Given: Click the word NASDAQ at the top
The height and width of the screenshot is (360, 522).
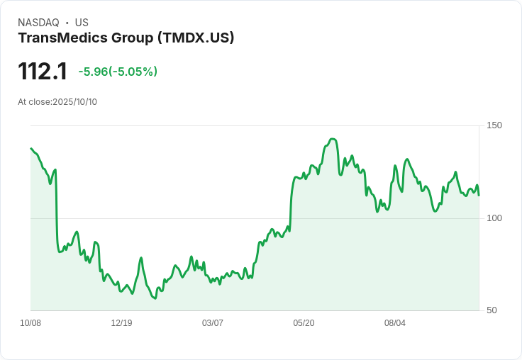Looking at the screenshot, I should tap(38, 23).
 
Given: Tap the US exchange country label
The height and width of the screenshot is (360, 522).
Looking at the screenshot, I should tap(82, 23).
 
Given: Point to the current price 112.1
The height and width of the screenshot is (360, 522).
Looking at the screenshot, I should tap(43, 72).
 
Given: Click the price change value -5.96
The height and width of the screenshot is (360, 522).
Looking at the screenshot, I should tap(92, 72).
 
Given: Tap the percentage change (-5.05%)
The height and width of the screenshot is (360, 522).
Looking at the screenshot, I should tap(133, 72).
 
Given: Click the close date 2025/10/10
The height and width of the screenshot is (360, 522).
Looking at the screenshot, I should tap(74, 102).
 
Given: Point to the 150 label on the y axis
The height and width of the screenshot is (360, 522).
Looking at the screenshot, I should tap(494, 125).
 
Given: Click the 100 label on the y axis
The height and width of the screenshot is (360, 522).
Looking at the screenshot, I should tap(494, 218).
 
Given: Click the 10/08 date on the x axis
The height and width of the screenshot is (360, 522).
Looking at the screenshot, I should tap(30, 323).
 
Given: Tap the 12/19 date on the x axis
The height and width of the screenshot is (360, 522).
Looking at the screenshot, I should tap(121, 323).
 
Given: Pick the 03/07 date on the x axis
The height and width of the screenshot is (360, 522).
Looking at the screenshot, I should tap(213, 323).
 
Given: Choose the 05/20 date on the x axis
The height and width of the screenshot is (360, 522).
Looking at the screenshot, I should tap(304, 323).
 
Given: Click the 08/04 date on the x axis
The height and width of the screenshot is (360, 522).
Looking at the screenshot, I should tap(395, 323).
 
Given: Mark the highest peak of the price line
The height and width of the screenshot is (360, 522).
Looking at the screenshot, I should tap(333, 139).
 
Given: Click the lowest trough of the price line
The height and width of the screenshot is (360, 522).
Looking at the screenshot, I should tap(155, 298).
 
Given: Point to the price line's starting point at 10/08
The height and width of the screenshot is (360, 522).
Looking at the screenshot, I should tap(31, 149).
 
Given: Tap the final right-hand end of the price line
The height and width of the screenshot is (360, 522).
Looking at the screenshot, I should tap(479, 195).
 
